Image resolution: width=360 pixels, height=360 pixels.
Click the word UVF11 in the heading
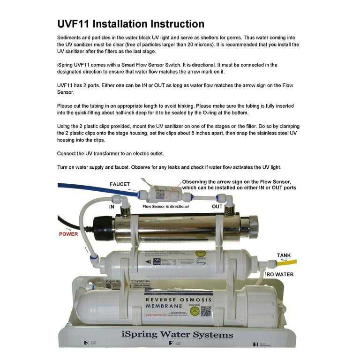point(75,24)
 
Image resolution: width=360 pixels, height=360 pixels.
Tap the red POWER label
point(68,234)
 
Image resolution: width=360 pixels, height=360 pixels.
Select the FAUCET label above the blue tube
point(120,184)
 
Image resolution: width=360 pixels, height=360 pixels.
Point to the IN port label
point(112,206)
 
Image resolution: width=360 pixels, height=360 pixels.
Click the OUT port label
point(217,206)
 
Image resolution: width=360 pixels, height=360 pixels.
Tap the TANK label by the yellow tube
point(284,255)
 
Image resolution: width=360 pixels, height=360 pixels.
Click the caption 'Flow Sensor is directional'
point(165,206)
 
